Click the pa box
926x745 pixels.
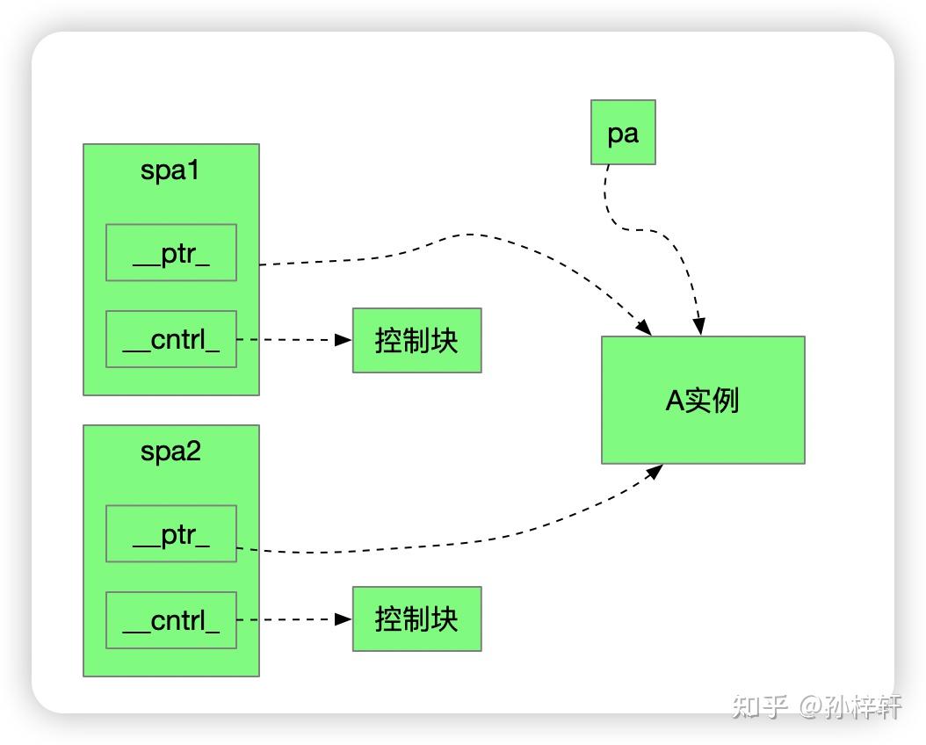pos(623,133)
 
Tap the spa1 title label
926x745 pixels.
pos(170,170)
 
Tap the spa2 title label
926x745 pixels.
pos(170,452)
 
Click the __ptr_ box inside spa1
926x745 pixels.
pos(171,253)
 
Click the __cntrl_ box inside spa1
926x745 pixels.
pos(171,339)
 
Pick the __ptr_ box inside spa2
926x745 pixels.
pos(171,533)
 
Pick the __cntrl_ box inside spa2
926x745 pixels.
pos(171,620)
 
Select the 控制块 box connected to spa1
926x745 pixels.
pos(416,340)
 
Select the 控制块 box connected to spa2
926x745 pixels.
pos(416,619)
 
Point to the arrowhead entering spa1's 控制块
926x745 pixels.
pos(344,340)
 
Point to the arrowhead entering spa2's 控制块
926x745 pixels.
pos(344,619)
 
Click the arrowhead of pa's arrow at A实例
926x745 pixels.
pos(699,327)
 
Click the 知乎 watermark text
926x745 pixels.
pos(760,705)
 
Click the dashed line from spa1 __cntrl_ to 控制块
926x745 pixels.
pos(290,340)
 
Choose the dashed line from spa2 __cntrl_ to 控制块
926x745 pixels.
pos(290,619)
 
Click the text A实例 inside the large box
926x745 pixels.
pos(702,400)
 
